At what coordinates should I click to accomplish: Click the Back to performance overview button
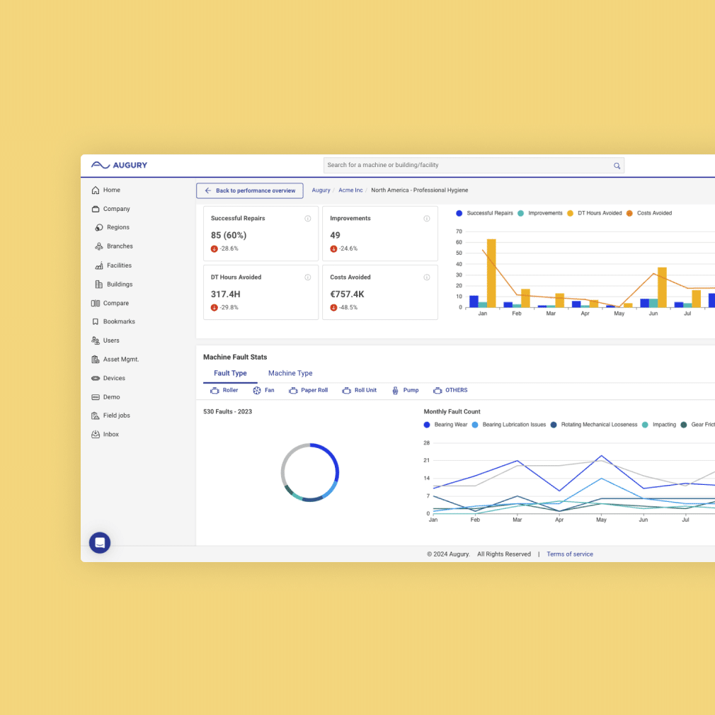pyautogui.click(x=249, y=190)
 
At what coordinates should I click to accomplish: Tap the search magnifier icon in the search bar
pyautogui.click(x=617, y=166)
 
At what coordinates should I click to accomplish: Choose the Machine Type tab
pyautogui.click(x=290, y=373)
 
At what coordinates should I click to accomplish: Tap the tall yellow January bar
pyautogui.click(x=491, y=273)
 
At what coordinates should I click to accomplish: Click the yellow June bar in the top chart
pyautogui.click(x=662, y=287)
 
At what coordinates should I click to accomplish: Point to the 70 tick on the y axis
pyautogui.click(x=459, y=231)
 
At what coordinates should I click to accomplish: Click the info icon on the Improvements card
pyautogui.click(x=427, y=219)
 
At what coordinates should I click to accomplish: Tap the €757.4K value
pyautogui.click(x=347, y=294)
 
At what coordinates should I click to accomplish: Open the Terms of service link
pyautogui.click(x=570, y=554)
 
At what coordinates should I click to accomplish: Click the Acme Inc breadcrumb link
pyautogui.click(x=350, y=190)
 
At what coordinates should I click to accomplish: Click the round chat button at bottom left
pyautogui.click(x=100, y=543)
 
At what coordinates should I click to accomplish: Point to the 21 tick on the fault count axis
pyautogui.click(x=426, y=460)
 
